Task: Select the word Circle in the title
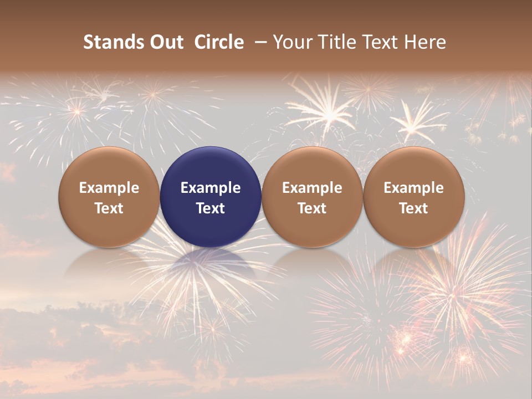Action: (x=219, y=42)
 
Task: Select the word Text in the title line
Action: (x=381, y=42)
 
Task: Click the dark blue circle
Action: (x=211, y=197)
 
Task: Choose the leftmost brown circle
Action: (x=109, y=197)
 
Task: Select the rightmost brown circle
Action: (x=413, y=197)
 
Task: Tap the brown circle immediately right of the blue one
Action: (x=312, y=197)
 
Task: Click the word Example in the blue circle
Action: (x=211, y=188)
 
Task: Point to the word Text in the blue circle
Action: (x=211, y=208)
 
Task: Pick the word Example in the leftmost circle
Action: (x=109, y=188)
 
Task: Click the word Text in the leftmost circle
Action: (x=109, y=208)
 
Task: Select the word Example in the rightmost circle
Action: (x=413, y=188)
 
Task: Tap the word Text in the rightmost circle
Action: (x=413, y=208)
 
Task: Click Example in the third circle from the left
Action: (x=312, y=188)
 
